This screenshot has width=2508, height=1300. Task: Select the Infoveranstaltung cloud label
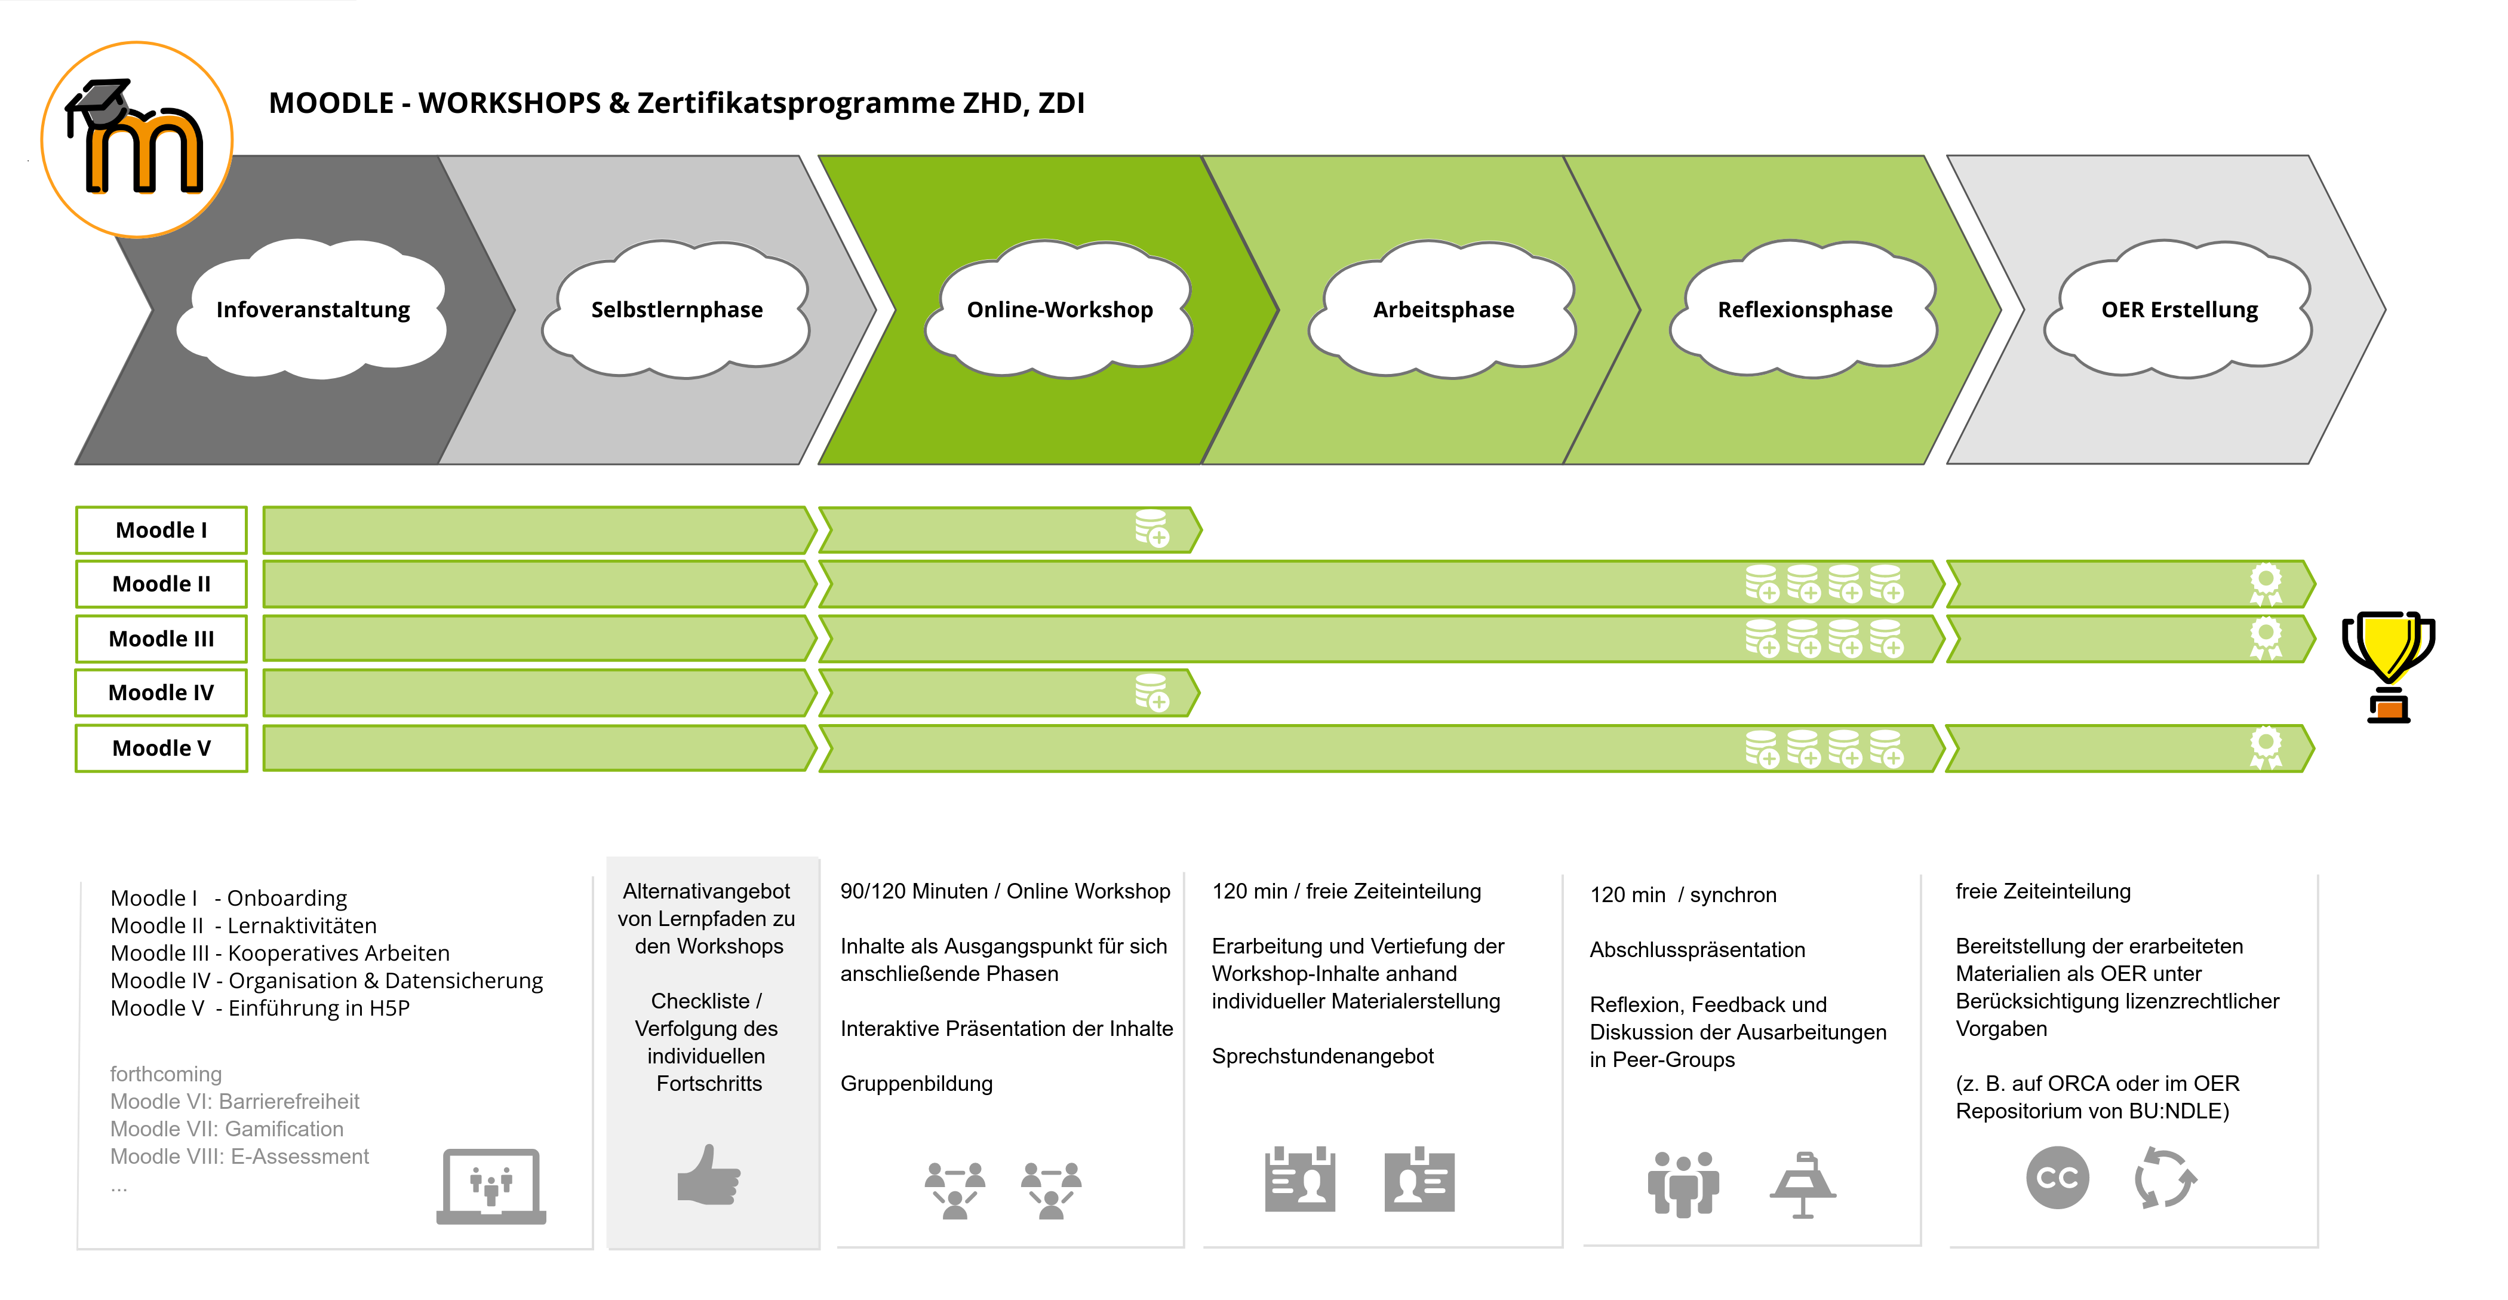click(x=312, y=309)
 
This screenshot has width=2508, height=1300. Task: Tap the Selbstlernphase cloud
click(x=677, y=309)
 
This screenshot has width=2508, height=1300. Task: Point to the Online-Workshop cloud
click(x=1059, y=309)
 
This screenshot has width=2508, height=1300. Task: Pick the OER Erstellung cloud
click(x=2179, y=309)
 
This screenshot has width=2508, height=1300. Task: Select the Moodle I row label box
click(x=162, y=530)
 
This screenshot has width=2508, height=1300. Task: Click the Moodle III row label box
click(x=162, y=639)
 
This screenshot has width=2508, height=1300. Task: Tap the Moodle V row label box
click(x=162, y=748)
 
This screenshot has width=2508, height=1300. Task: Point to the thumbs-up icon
click(x=709, y=1175)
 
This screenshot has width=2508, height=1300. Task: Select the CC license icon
click(x=2057, y=1178)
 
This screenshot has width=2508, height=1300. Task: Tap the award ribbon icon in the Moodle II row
click(x=2266, y=584)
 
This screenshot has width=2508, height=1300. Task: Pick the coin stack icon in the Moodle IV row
click(x=1152, y=692)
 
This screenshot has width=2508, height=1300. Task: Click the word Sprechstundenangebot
click(x=1322, y=1056)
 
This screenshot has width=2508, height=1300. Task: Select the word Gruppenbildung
click(x=916, y=1084)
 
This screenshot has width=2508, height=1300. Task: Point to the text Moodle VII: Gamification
click(x=227, y=1129)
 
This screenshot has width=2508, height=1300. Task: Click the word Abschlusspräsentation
click(x=1697, y=949)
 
